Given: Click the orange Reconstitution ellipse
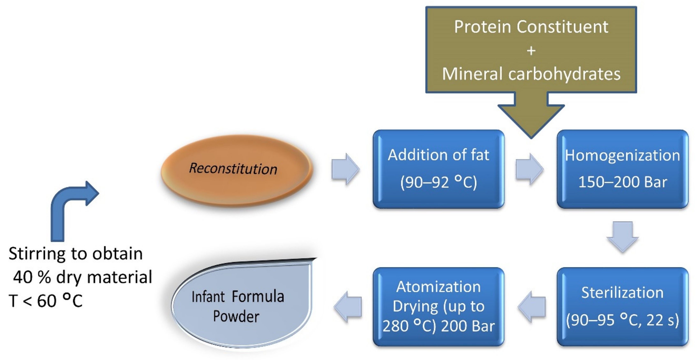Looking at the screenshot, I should tap(237, 170).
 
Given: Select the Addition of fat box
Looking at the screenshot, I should tap(438, 169).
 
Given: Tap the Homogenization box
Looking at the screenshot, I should tap(622, 169).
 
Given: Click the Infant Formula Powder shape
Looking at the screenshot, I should tap(241, 306).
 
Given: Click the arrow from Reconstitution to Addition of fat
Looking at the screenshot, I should tap(345, 169).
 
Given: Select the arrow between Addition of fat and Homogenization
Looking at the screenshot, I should tap(529, 169).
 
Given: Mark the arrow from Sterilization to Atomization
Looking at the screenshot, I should tap(532, 307).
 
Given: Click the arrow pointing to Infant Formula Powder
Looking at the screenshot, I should tap(348, 307).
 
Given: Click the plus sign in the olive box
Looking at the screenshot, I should tap(531, 51).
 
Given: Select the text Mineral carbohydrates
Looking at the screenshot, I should tap(531, 74).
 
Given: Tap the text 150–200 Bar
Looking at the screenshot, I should tap(622, 182).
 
